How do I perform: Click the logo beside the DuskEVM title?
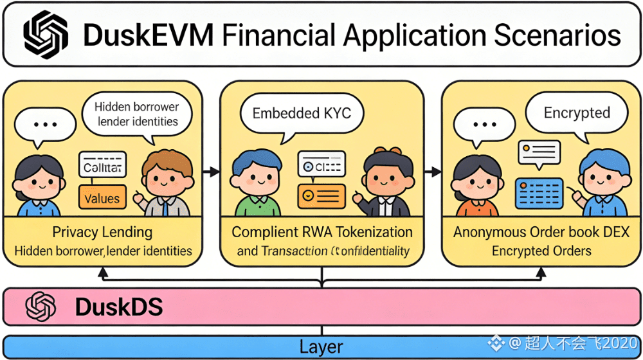coord(45,35)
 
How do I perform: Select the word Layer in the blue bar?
coord(321,346)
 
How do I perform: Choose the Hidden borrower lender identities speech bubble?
coord(136,114)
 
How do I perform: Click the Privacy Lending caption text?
coord(102,232)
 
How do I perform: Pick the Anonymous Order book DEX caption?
coord(541,232)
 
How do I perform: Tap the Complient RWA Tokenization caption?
coord(322,232)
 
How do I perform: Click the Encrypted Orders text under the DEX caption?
coord(541,251)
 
